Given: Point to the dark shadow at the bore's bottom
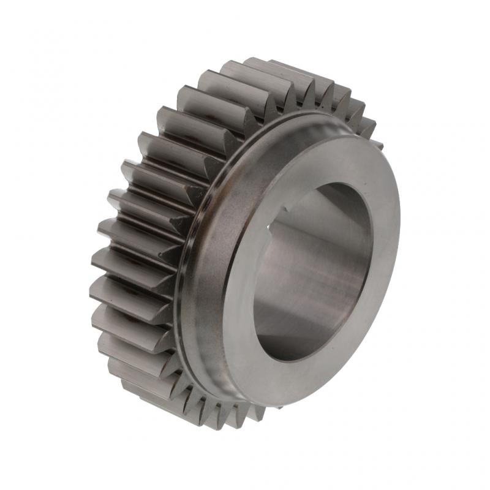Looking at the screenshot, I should (288, 343).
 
